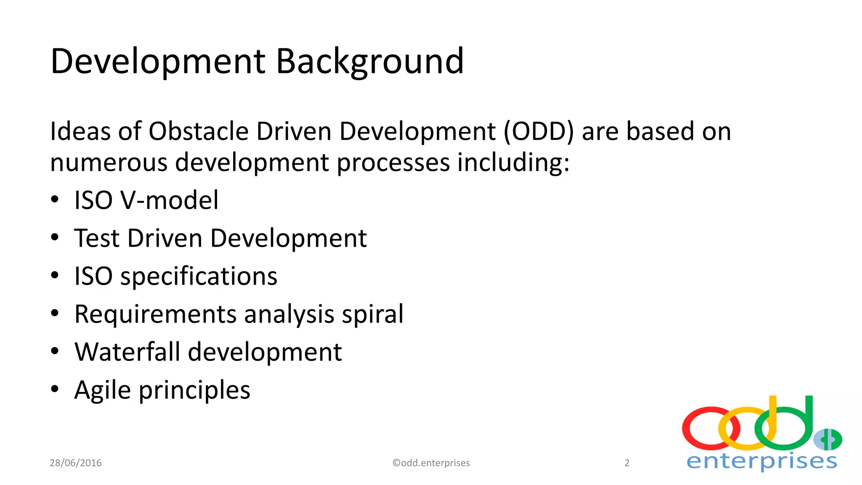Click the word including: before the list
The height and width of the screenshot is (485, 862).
513,163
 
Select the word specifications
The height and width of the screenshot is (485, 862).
199,277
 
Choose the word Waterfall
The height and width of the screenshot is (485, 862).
127,352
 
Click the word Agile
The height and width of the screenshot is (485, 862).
103,390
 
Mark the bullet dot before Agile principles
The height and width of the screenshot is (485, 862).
55,389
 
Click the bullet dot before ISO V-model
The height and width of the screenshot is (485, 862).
55,199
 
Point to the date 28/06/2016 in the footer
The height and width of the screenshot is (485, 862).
76,463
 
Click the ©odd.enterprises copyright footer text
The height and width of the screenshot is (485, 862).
431,463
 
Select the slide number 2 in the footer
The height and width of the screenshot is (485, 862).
627,463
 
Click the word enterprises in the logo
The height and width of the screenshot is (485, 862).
762,461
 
